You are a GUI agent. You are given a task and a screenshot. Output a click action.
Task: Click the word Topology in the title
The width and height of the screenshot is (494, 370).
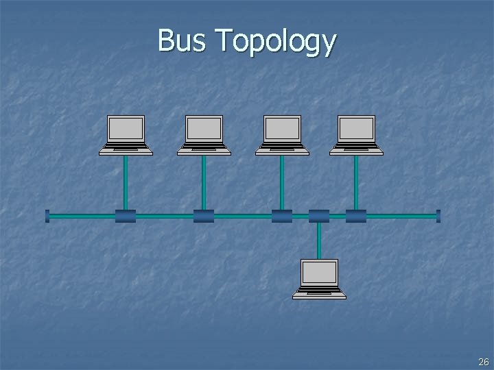coord(275,42)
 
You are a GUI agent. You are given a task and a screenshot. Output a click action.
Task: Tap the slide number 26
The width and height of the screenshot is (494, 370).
coord(483,362)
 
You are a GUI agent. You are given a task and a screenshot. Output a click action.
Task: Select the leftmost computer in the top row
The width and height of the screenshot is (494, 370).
coord(126,135)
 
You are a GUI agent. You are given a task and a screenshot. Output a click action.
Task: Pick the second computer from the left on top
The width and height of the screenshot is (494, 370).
coord(204,135)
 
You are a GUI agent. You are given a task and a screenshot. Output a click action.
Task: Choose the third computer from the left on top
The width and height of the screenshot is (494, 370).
coord(282,135)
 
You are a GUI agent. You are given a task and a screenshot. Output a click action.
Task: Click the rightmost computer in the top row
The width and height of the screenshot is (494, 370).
coord(356,135)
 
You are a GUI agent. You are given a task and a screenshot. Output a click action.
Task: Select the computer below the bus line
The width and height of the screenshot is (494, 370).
coord(319,279)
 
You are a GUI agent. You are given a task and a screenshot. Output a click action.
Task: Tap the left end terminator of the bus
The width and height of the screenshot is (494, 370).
coord(47,217)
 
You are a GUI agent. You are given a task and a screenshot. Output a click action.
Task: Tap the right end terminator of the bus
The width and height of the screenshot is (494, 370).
coord(438,217)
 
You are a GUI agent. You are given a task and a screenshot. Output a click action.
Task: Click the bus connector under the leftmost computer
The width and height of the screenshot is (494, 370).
coord(126,217)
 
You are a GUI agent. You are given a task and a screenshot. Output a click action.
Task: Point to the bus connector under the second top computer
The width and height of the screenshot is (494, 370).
coord(204,217)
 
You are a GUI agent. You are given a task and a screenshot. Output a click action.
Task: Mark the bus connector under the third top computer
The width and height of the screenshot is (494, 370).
coord(282,217)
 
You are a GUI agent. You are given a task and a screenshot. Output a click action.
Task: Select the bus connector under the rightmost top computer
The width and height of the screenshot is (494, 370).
coord(356,217)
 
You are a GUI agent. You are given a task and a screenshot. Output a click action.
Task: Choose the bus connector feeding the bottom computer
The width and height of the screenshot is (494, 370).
coord(319,217)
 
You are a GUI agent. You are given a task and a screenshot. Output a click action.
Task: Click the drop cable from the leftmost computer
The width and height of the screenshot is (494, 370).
coord(126,182)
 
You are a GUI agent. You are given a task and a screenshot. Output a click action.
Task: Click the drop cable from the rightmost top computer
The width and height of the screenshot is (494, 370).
coord(356,182)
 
